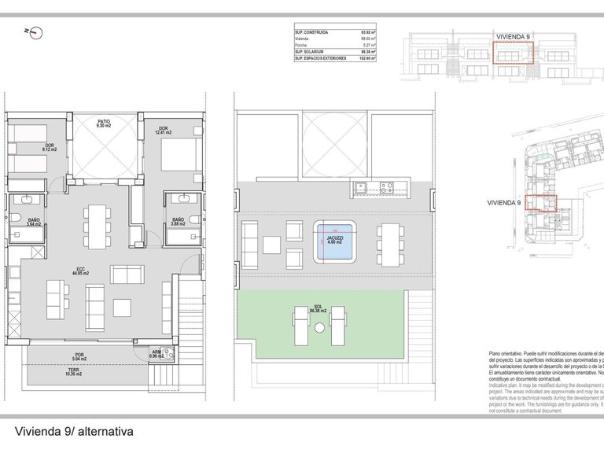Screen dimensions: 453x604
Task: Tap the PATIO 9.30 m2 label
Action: [x=104, y=123]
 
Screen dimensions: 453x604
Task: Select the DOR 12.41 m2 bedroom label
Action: [x=163, y=130]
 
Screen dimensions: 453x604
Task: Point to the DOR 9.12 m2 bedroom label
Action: [x=49, y=147]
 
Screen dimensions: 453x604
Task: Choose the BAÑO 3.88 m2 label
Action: [x=178, y=223]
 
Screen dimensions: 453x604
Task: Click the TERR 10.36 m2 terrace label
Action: [x=73, y=373]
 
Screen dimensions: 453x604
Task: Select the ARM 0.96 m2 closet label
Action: [x=157, y=355]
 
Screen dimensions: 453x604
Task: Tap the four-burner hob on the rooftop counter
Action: [x=387, y=187]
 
